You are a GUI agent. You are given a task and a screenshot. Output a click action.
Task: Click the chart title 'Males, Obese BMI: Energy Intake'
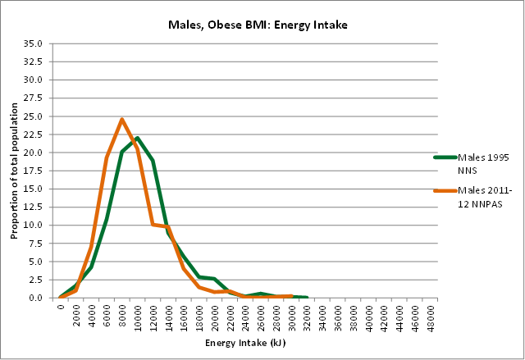click(x=258, y=25)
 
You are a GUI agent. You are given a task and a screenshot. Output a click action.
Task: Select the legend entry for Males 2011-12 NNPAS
click(x=485, y=197)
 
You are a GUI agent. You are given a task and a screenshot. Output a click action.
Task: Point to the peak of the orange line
click(x=122, y=120)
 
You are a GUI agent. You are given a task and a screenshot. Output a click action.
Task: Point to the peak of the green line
click(x=138, y=138)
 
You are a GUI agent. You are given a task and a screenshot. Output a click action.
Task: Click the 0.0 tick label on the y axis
click(x=37, y=298)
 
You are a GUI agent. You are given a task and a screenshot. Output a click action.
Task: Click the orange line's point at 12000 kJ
click(x=153, y=224)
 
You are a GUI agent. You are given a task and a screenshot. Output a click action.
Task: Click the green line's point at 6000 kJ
click(x=107, y=220)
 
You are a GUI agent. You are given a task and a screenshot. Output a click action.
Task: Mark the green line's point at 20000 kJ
click(x=215, y=279)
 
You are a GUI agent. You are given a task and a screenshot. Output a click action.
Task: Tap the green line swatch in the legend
click(x=445, y=157)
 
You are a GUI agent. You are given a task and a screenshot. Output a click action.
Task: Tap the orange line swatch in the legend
click(x=445, y=191)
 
